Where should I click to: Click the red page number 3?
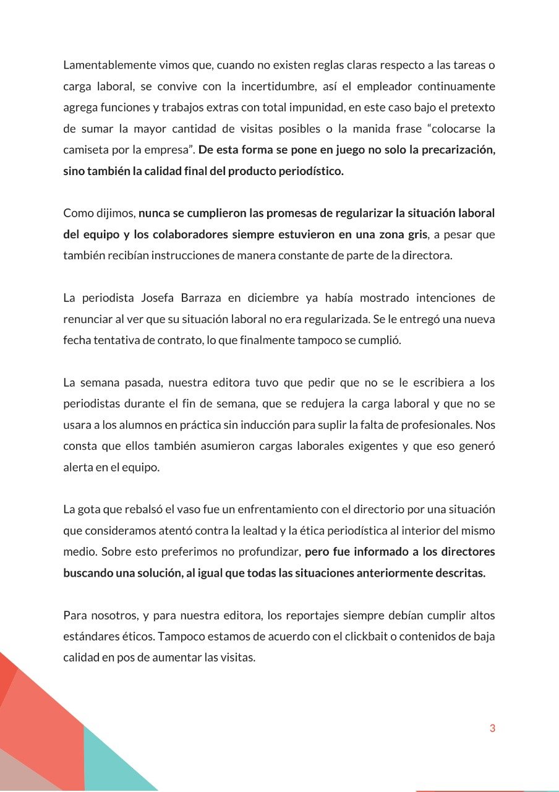492,728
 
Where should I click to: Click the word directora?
427,255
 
